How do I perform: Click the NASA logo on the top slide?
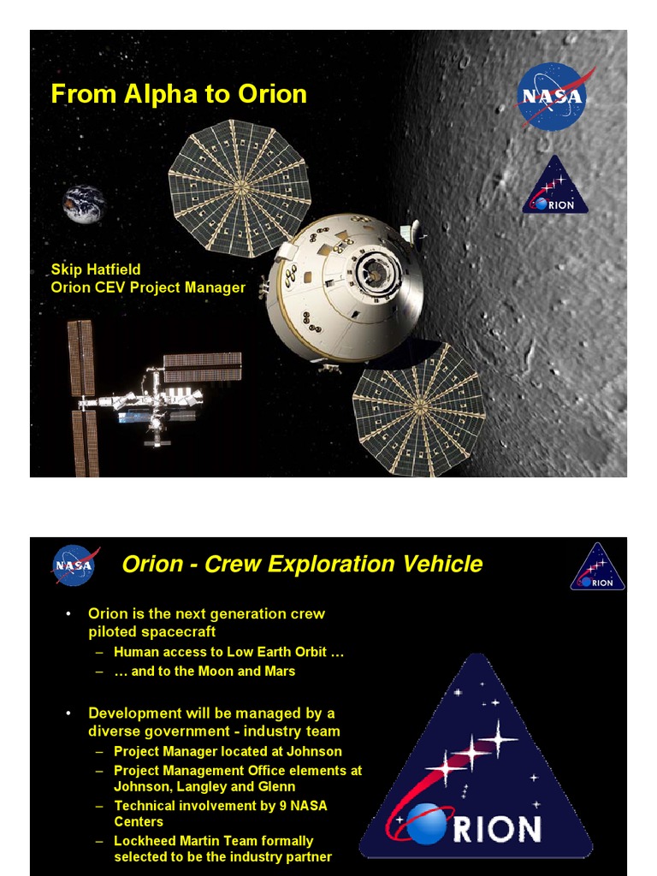point(552,96)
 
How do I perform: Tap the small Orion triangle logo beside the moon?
point(555,186)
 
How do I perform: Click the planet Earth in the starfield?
point(83,205)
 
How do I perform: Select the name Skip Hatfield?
point(96,270)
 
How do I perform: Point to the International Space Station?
point(145,398)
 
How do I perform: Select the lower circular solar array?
point(418,408)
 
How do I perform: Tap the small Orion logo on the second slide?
point(597,567)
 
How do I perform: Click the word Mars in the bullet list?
point(278,672)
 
